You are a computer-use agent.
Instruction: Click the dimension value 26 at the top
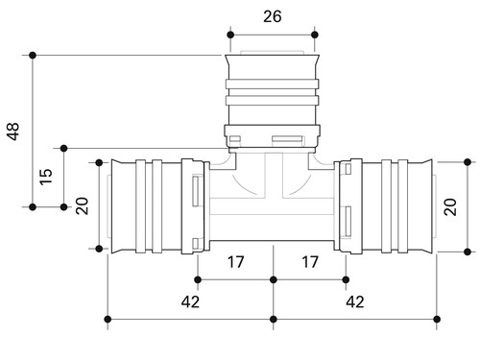273,16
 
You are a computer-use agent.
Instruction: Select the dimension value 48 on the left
13,132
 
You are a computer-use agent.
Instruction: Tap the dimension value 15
46,177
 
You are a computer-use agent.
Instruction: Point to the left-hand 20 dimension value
83,205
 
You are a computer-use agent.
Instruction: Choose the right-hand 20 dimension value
450,207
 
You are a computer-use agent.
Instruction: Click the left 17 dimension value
236,262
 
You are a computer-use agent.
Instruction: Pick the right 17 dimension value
310,262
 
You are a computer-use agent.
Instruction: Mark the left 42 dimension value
190,301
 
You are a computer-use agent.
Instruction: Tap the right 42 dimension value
355,301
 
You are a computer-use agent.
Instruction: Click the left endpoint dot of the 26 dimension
230,35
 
